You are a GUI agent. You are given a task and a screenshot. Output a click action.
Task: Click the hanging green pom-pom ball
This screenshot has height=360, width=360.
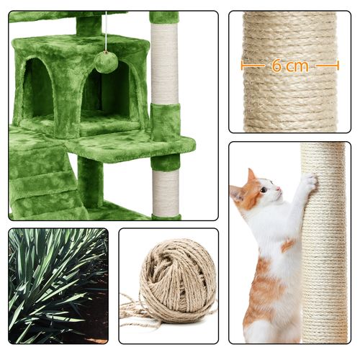tap(106, 62)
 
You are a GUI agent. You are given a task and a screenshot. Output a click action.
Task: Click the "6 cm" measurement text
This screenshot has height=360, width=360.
tap(289, 66)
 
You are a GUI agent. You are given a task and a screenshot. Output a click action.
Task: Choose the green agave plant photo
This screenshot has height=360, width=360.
tap(58, 285)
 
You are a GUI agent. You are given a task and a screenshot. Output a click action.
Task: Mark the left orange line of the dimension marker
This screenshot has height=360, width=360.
tap(252, 66)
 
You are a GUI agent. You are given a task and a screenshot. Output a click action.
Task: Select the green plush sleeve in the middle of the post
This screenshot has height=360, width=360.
tap(165, 122)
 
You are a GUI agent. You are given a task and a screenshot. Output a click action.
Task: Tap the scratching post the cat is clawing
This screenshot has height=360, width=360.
tap(323, 252)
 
